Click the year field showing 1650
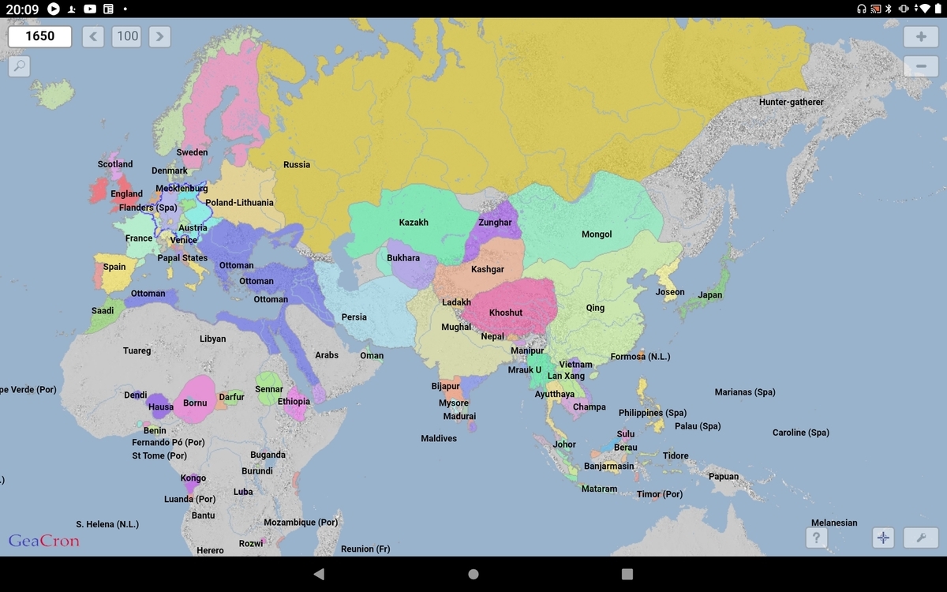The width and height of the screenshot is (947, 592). [x=40, y=36]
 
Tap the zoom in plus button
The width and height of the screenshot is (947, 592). [x=921, y=37]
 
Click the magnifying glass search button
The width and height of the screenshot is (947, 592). [x=19, y=66]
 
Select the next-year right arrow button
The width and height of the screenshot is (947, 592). [x=159, y=36]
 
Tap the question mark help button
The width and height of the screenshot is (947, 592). [x=816, y=538]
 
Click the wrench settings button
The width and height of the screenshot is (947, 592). [x=920, y=538]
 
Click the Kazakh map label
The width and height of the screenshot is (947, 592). [x=414, y=223]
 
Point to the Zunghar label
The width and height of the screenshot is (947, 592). [x=495, y=223]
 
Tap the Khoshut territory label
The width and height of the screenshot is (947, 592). [x=506, y=313]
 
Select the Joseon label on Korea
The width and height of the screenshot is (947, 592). [x=670, y=292]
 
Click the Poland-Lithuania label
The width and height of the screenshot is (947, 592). [x=239, y=203]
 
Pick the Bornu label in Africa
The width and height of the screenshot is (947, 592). [x=195, y=403]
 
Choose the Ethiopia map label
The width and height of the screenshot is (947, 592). [x=294, y=402]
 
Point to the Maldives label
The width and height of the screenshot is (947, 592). [x=439, y=439]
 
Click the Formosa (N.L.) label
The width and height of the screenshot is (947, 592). [x=640, y=357]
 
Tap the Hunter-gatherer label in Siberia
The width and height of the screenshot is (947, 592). [x=791, y=103]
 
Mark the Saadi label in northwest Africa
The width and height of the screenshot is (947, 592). [x=103, y=311]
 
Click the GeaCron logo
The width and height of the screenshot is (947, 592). [x=43, y=541]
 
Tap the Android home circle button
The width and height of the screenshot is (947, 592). [x=473, y=575]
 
